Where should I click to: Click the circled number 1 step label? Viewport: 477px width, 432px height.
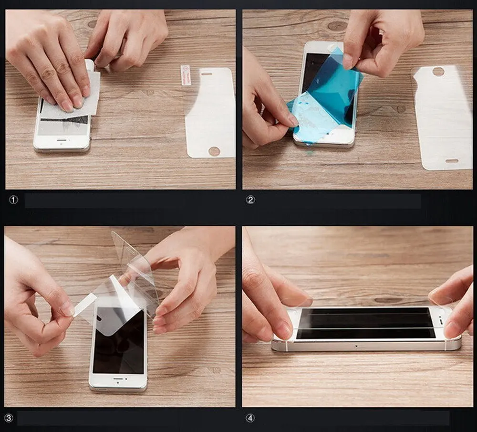(x=13, y=200)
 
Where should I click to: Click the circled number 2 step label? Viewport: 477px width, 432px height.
(x=250, y=200)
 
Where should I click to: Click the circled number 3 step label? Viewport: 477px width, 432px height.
(x=9, y=418)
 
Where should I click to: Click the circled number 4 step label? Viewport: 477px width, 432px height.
(x=250, y=418)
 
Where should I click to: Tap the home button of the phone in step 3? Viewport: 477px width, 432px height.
(x=118, y=383)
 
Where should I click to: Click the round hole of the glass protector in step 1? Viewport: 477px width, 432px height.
(x=214, y=151)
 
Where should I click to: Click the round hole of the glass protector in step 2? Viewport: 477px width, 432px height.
(x=438, y=72)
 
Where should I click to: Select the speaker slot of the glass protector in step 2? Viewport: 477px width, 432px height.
(x=452, y=161)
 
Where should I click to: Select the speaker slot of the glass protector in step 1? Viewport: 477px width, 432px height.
(x=206, y=74)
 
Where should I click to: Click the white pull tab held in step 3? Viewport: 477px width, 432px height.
(x=84, y=305)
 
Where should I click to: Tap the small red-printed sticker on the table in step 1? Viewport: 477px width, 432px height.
(x=186, y=75)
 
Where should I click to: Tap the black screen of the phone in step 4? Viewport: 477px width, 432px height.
(x=365, y=323)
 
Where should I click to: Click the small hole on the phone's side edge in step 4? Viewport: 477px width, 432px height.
(x=356, y=346)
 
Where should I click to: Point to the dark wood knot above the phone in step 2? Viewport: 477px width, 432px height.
(x=337, y=26)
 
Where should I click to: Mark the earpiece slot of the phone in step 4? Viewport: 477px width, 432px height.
(x=441, y=321)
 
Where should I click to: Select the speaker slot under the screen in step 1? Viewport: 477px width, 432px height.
(x=62, y=140)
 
